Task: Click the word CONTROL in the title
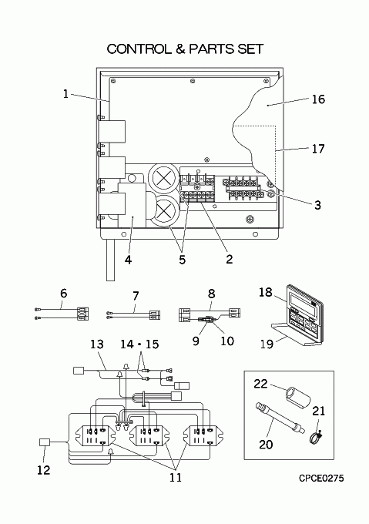pyautogui.click(x=138, y=49)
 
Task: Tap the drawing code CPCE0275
pyautogui.click(x=321, y=479)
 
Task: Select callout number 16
pyautogui.click(x=318, y=99)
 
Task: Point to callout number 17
pyautogui.click(x=318, y=149)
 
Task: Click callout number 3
pyautogui.click(x=317, y=205)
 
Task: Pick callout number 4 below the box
pyautogui.click(x=128, y=260)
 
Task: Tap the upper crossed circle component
pyautogui.click(x=163, y=179)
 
